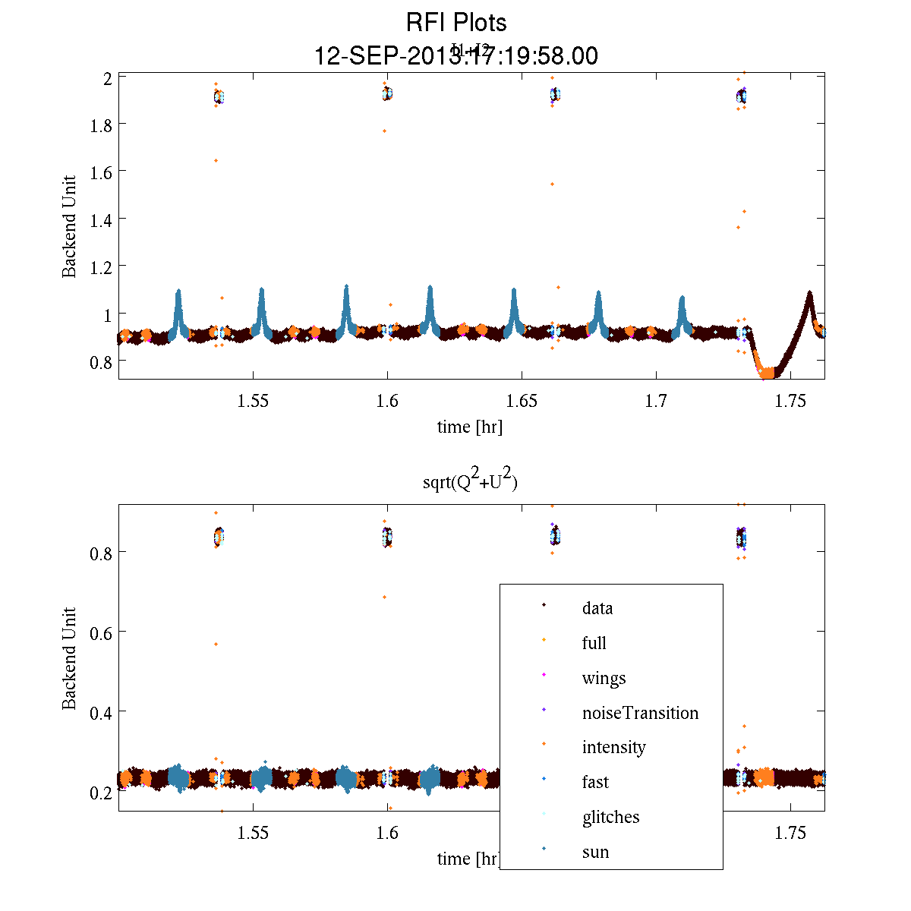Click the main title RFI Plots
point(455,22)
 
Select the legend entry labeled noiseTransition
point(640,713)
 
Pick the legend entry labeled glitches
point(610,817)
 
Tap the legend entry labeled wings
point(604,678)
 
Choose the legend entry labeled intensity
point(613,747)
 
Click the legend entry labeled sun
point(595,852)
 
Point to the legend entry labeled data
point(597,608)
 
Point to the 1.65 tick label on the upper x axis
point(522,401)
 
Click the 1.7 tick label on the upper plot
point(657,401)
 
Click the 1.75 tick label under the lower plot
point(790,833)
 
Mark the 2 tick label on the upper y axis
point(107,77)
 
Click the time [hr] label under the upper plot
point(469,427)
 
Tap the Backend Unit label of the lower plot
point(69,658)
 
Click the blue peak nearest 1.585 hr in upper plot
point(346,287)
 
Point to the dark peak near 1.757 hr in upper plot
point(809,294)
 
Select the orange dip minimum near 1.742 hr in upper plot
point(768,373)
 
